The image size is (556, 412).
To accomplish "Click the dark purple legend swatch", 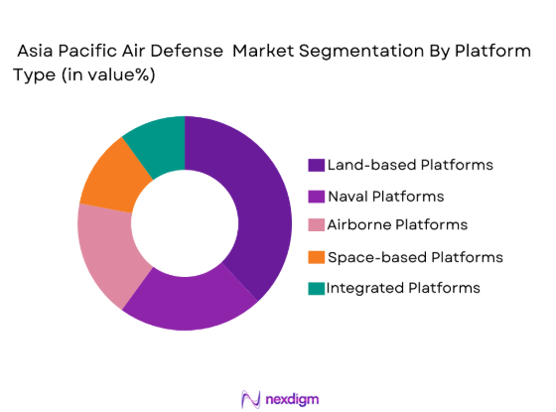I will click(x=317, y=165).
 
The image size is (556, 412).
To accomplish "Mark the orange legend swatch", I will click(x=317, y=257).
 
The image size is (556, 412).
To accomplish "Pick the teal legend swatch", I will click(x=317, y=288).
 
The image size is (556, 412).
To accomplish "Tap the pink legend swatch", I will click(x=317, y=226).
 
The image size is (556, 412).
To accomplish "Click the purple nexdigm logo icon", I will click(x=250, y=396).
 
